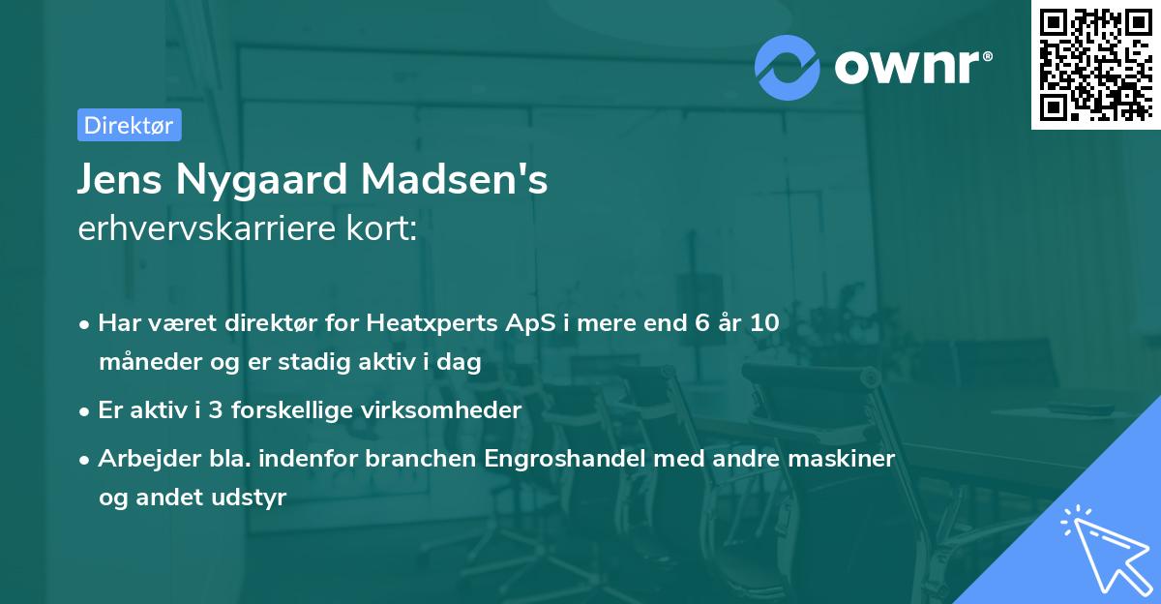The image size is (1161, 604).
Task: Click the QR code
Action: tap(1096, 64)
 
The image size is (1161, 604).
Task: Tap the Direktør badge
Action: tap(129, 125)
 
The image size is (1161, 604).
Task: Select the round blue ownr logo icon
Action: tap(788, 66)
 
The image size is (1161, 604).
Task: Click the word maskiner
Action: tap(843, 457)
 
